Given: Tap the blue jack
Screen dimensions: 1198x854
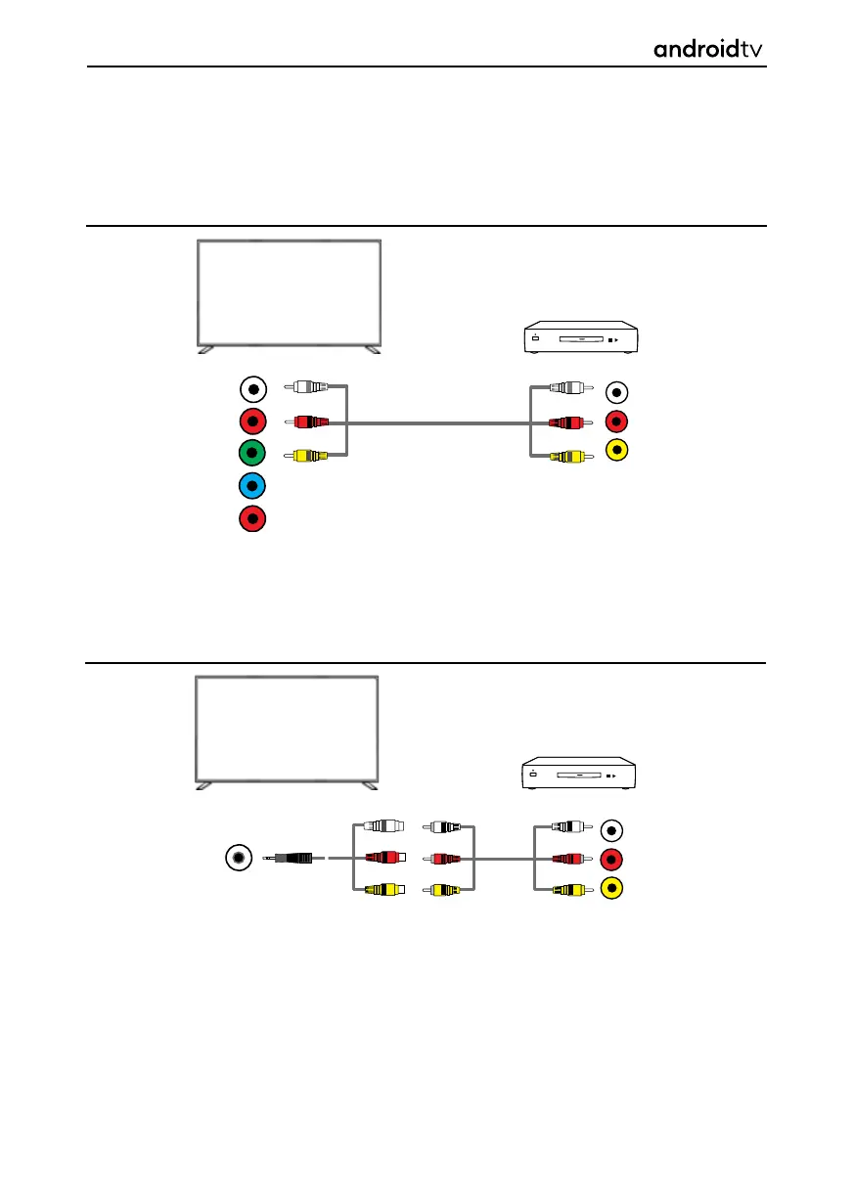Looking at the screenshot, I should tap(252, 486).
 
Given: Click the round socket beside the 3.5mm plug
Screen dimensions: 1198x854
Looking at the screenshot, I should tap(238, 858).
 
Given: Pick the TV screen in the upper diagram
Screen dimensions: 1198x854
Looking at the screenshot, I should tap(290, 292).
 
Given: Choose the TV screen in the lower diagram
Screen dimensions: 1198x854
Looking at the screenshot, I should tap(288, 729).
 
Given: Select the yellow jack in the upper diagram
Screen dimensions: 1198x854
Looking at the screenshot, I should tap(618, 452).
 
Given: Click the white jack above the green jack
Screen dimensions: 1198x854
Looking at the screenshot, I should tap(252, 389).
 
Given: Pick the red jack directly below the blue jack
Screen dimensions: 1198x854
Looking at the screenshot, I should tap(252, 517).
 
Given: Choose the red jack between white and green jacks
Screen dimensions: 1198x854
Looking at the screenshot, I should tap(252, 422).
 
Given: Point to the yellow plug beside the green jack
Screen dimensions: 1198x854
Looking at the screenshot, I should tap(305, 455).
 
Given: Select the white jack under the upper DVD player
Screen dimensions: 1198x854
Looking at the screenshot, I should tap(618, 392).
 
